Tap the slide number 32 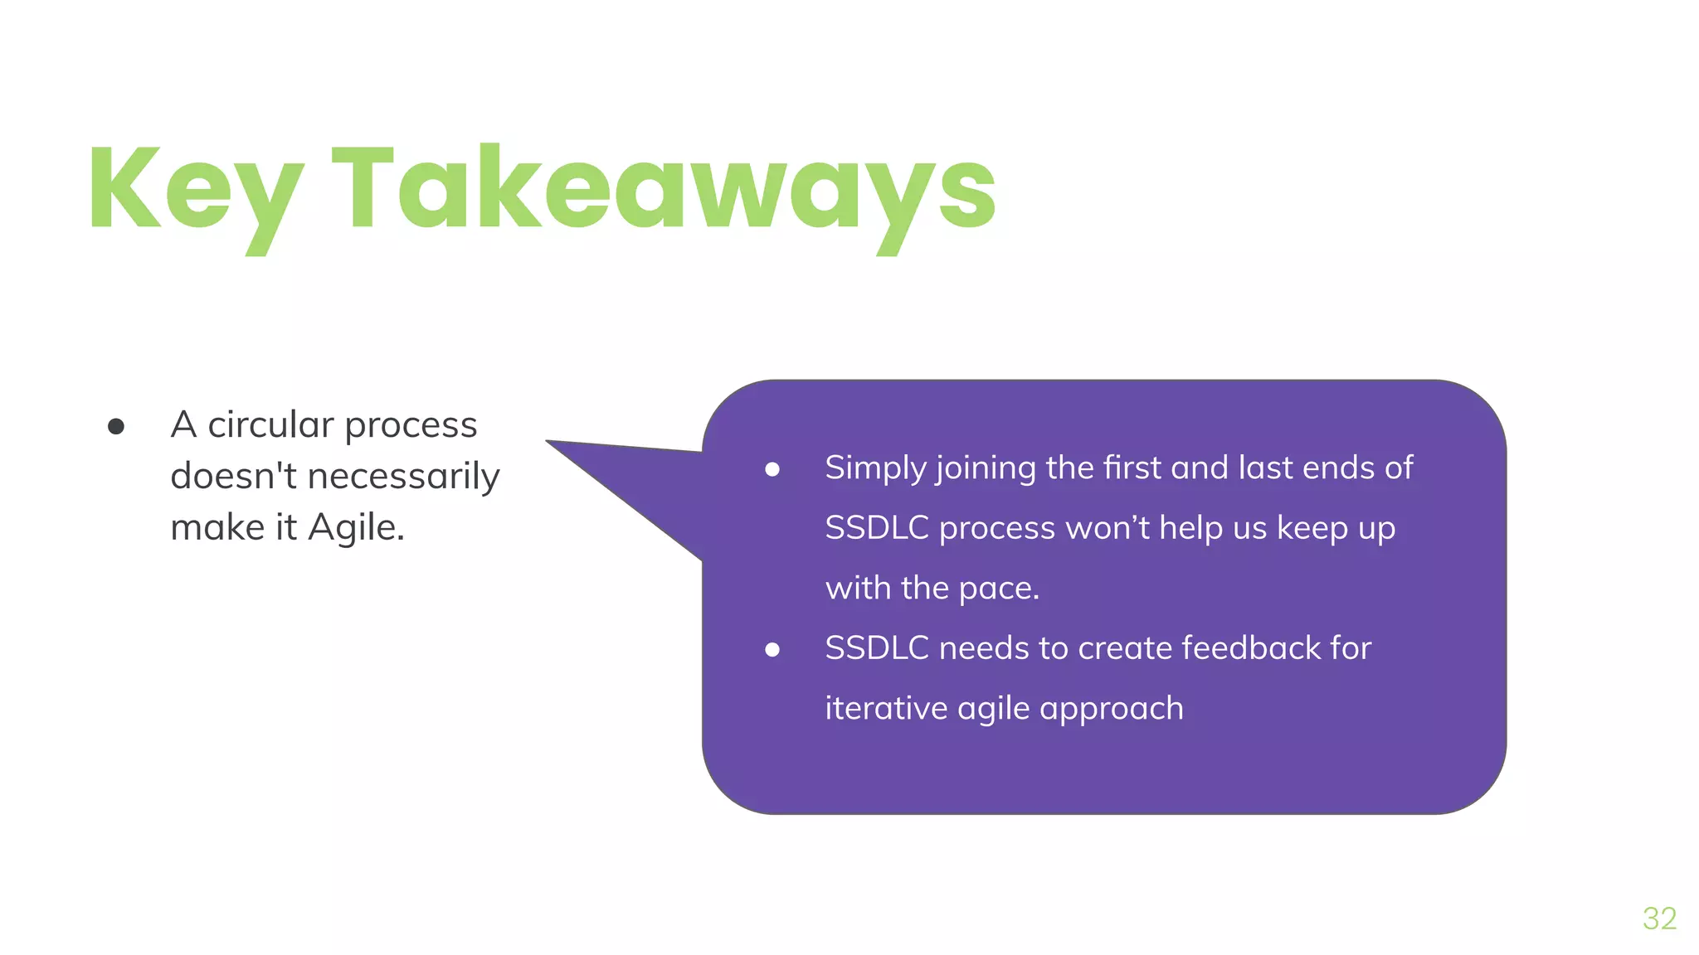[1659, 919]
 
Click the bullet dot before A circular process [116, 427]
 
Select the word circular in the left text [270, 425]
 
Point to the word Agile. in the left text [356, 528]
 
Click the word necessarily [403, 477]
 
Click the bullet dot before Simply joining [772, 470]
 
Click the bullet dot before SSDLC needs [772, 650]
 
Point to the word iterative [886, 709]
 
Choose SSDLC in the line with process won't [876, 528]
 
